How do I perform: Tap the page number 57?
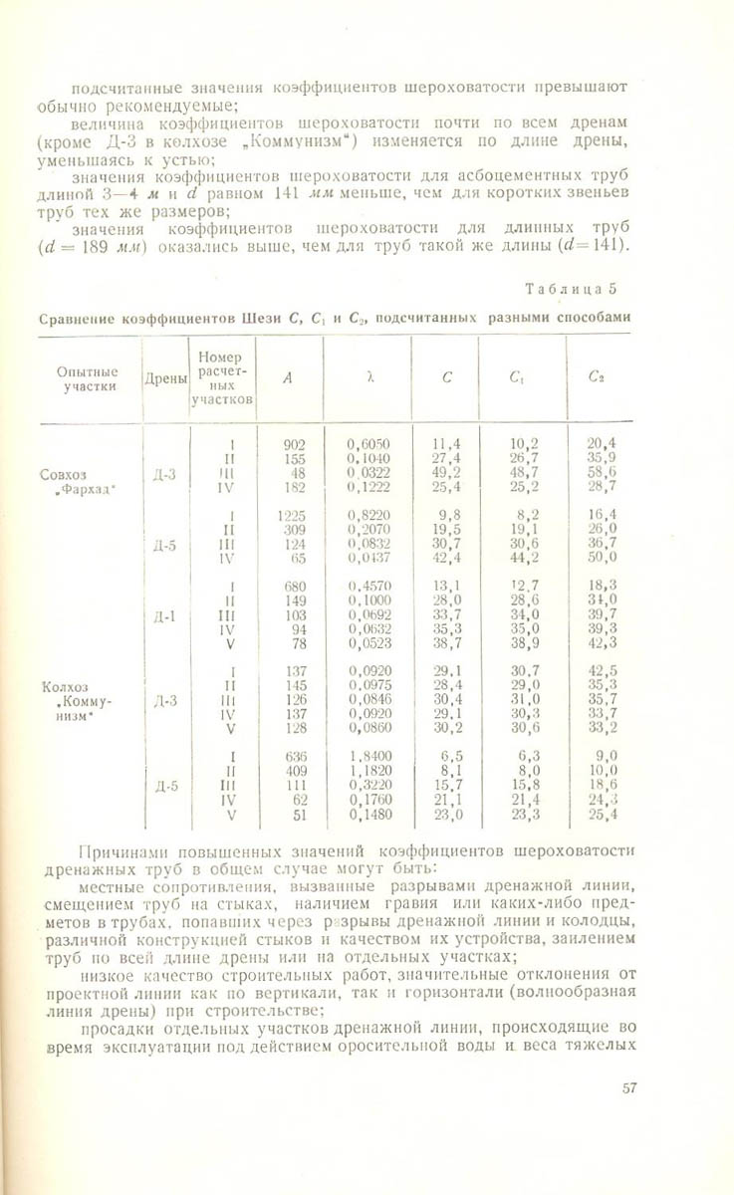(628, 1088)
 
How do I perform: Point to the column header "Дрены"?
(163, 378)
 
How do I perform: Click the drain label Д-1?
(164, 616)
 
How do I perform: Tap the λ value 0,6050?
(368, 444)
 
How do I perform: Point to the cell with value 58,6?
(603, 473)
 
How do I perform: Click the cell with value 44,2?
(525, 558)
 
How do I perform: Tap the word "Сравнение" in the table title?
(78, 319)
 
